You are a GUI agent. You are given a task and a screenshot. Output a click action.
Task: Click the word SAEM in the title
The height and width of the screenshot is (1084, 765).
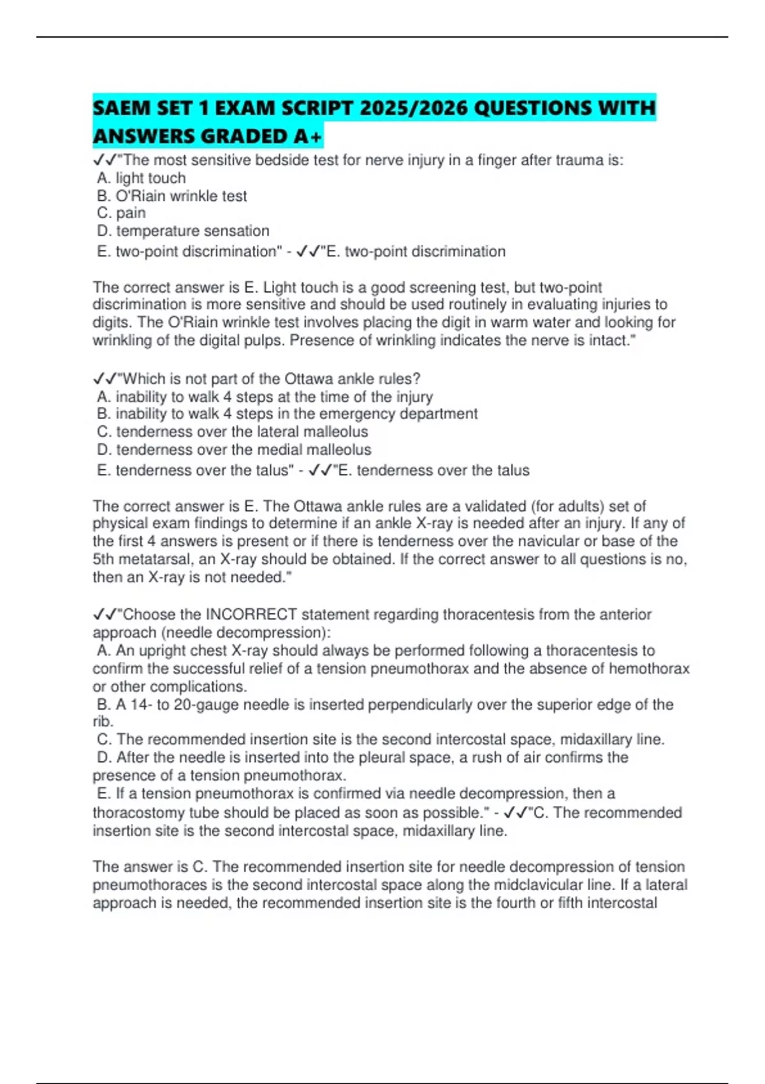120,108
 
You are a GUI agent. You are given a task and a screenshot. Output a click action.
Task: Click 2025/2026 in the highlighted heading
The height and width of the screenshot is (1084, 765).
413,108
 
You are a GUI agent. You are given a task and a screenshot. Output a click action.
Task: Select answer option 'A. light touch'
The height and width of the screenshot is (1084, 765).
142,179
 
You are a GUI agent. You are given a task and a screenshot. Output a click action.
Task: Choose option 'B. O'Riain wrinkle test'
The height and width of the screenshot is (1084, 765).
172,196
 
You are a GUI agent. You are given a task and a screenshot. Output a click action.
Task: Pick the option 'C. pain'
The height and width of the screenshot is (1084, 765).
122,213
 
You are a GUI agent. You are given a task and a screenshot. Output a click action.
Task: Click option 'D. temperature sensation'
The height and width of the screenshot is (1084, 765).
183,231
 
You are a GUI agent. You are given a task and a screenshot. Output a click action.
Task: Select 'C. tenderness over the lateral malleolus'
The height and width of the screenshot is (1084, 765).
233,432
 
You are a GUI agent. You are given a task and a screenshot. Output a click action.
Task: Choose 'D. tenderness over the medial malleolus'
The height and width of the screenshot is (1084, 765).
234,450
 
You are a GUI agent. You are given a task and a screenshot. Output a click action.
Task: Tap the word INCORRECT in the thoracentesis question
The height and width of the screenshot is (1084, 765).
251,615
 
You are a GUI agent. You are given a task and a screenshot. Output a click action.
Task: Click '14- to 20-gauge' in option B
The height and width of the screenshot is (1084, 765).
185,705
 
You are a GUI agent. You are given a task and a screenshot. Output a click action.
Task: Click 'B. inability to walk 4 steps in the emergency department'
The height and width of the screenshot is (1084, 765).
288,414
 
